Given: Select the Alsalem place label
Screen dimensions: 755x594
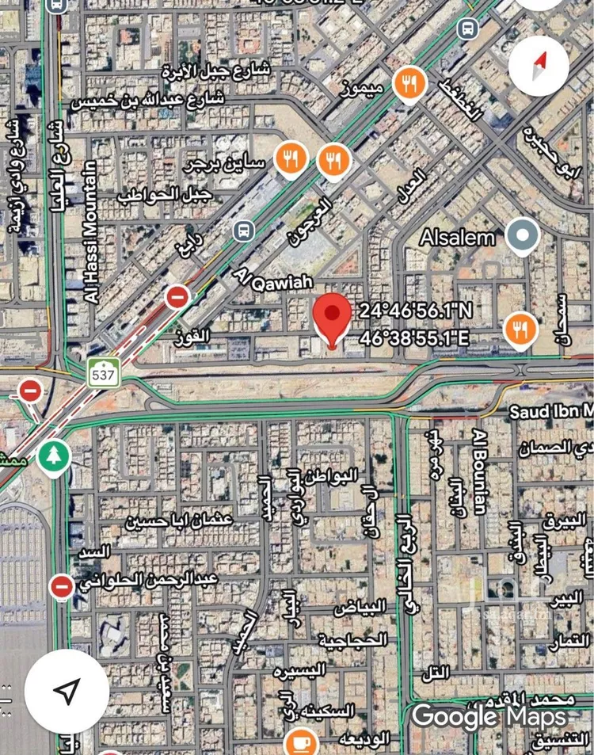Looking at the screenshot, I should (457, 237).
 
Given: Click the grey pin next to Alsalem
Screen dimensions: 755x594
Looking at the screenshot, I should (523, 236).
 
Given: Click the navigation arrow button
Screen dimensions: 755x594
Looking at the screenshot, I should (67, 692).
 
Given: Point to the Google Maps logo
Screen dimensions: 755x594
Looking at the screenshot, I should (489, 717).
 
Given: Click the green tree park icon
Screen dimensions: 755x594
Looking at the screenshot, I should (54, 458).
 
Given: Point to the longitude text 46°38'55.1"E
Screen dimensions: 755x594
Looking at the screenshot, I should (414, 338).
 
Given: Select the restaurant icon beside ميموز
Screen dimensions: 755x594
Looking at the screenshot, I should (409, 83).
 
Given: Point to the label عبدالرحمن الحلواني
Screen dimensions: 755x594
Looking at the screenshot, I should (148, 581).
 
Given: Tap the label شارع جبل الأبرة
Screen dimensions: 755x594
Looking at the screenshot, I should (215, 71).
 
